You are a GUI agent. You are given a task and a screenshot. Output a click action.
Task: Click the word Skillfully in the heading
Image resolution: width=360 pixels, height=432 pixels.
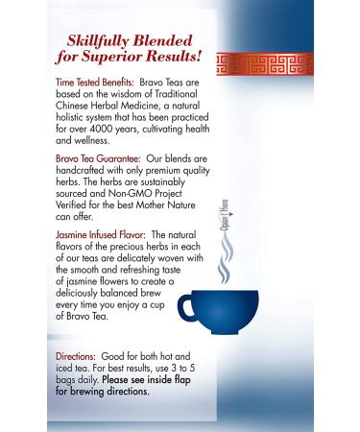point(101,39)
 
